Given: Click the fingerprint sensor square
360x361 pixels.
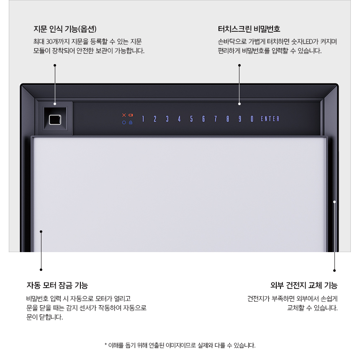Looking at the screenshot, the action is click(x=54, y=119).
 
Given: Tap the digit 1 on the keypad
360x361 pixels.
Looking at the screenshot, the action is click(x=143, y=119).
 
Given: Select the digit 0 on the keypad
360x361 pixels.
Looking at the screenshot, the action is click(x=252, y=119).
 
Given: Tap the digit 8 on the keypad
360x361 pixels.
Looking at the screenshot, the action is click(x=228, y=119).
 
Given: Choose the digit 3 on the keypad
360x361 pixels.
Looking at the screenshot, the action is click(x=167, y=119).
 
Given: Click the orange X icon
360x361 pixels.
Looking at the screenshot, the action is click(x=124, y=115).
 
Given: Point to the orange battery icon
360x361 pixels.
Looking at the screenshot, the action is click(x=131, y=115).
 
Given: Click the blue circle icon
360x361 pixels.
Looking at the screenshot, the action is click(x=124, y=123).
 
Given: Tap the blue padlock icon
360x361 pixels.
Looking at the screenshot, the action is click(x=131, y=123).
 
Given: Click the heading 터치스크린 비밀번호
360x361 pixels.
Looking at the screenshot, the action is click(x=249, y=29).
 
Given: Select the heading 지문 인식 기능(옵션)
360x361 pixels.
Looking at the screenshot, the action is click(x=65, y=29).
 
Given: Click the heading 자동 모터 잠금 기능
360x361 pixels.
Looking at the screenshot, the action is click(x=57, y=286).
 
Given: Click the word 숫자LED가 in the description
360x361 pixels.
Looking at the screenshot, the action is click(x=304, y=42).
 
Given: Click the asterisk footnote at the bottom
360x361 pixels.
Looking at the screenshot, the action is click(x=180, y=346).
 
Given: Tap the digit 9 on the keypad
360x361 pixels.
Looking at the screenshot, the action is click(x=240, y=119).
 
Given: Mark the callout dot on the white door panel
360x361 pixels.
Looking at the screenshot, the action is click(x=41, y=231).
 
